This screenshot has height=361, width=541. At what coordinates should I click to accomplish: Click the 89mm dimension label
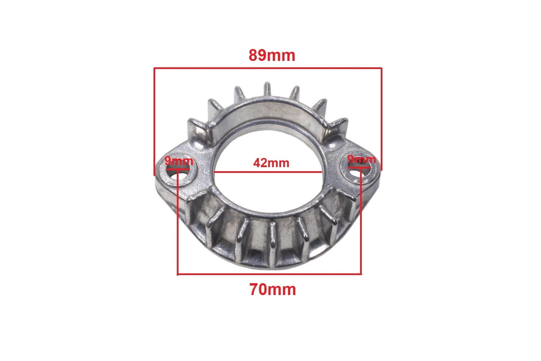click(272, 55)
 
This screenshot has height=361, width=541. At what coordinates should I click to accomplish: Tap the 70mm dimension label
click(273, 289)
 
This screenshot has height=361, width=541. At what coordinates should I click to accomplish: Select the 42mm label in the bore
click(271, 163)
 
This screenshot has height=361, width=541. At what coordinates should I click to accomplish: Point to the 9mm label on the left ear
click(179, 161)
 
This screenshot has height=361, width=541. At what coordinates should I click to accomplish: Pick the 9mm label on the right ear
click(361, 159)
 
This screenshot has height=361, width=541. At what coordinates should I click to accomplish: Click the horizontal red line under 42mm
click(268, 172)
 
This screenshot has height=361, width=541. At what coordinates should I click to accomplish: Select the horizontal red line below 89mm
click(268, 68)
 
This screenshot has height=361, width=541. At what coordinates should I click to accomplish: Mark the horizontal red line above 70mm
click(269, 274)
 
